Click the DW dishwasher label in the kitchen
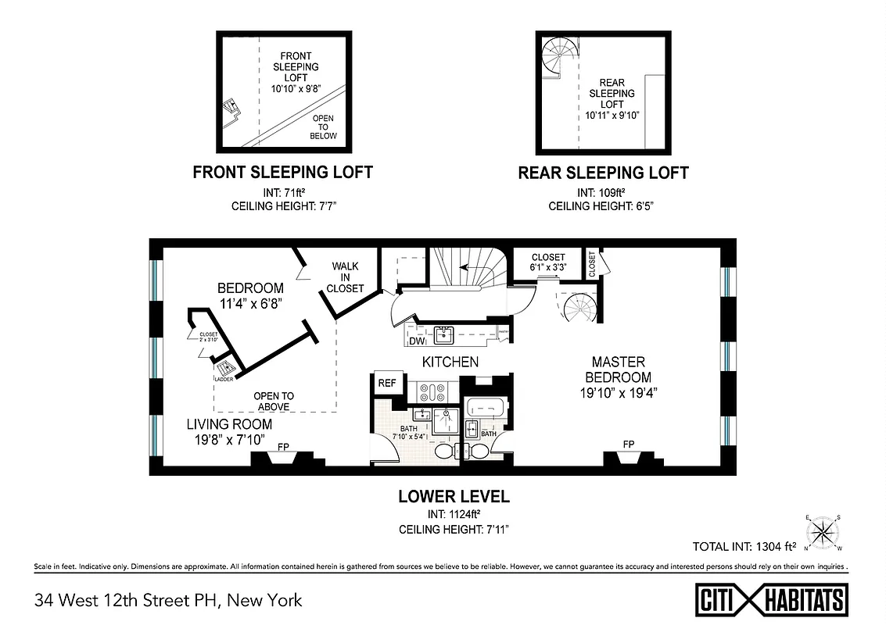pyautogui.click(x=416, y=341)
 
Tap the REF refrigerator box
pyautogui.click(x=386, y=383)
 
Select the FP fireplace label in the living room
pyautogui.click(x=283, y=448)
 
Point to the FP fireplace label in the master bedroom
pyautogui.click(x=628, y=444)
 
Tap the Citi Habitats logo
pyautogui.click(x=772, y=600)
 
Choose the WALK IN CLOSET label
pyautogui.click(x=346, y=277)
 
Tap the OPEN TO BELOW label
pyautogui.click(x=323, y=127)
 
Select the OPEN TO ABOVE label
pyautogui.click(x=273, y=401)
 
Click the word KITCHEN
pyautogui.click(x=450, y=362)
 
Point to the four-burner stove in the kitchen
pyautogui.click(x=431, y=391)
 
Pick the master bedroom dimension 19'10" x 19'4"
pyautogui.click(x=618, y=393)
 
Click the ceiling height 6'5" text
pyautogui.click(x=603, y=206)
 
